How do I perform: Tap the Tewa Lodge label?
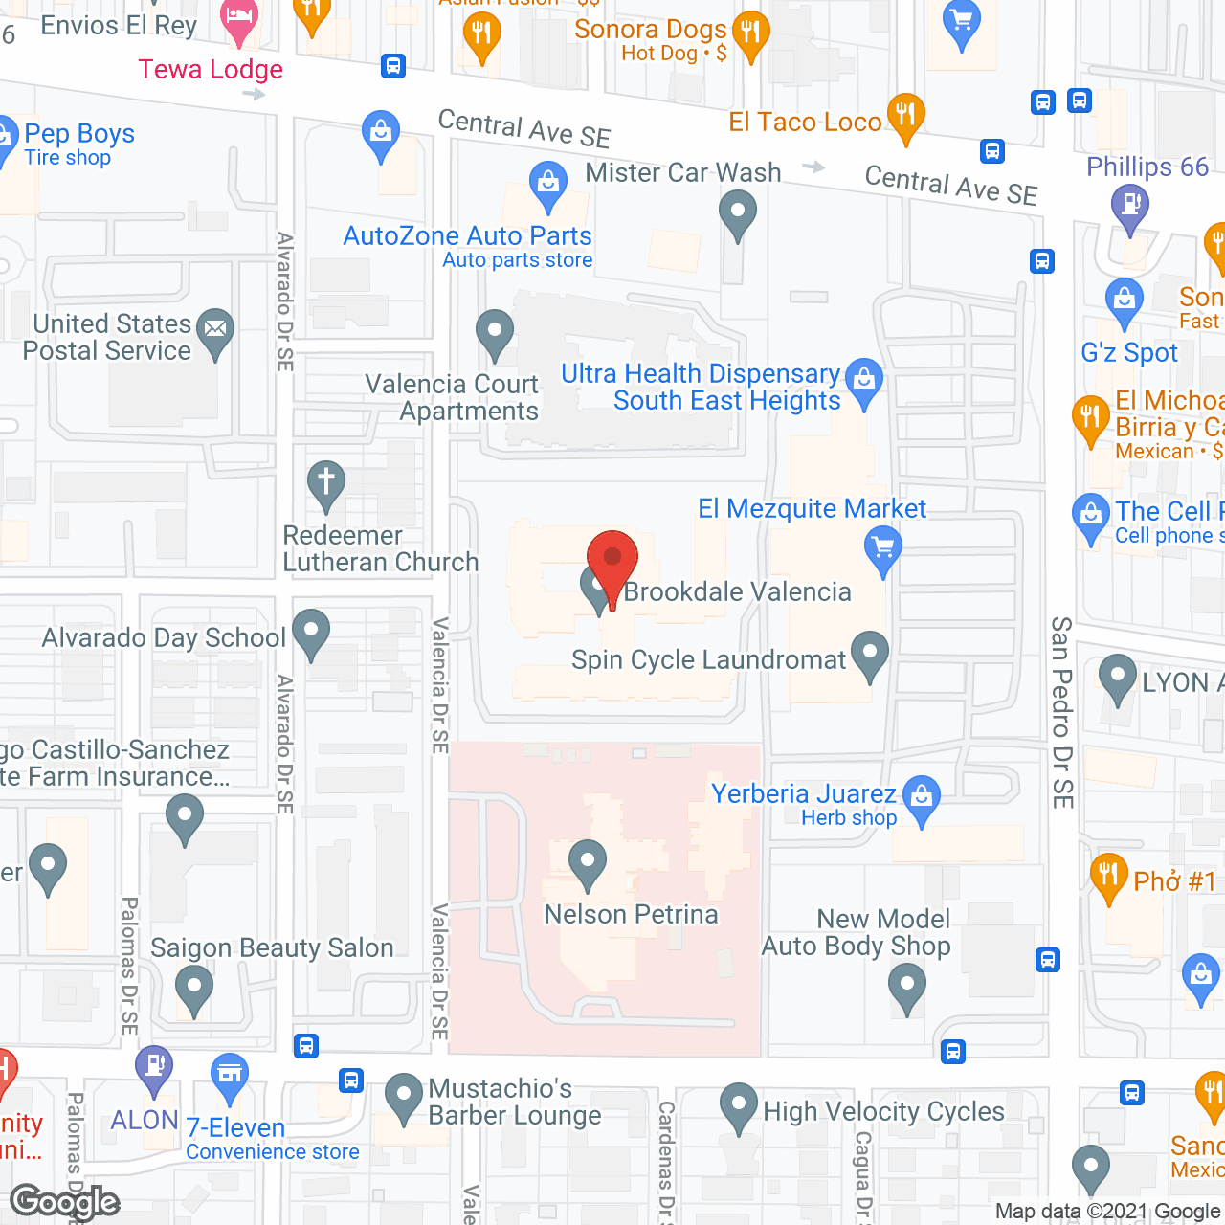(x=211, y=70)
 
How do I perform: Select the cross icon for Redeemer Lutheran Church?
(x=326, y=480)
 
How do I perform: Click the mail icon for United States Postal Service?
(x=215, y=329)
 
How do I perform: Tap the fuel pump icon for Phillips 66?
(x=1130, y=204)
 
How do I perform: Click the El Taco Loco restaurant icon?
(x=905, y=115)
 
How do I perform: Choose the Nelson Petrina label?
(x=631, y=915)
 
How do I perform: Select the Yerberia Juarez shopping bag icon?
(x=922, y=795)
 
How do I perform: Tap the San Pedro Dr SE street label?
(x=1062, y=712)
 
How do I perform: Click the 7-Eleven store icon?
(x=230, y=1074)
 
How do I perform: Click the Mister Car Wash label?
(x=683, y=173)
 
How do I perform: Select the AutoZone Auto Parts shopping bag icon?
(x=548, y=181)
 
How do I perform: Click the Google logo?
(x=65, y=1201)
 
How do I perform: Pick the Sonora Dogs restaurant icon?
(x=751, y=32)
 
